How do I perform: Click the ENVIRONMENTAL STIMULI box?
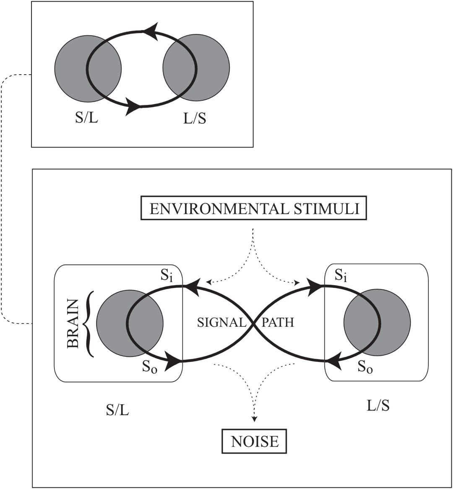click(x=254, y=209)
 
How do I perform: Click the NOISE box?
click(x=255, y=442)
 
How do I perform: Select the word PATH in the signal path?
click(x=278, y=323)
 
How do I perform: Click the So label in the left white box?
click(x=149, y=367)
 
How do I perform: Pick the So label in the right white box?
click(x=365, y=367)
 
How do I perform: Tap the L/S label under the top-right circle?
click(x=195, y=119)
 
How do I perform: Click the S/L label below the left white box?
click(x=117, y=410)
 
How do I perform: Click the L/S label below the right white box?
click(x=377, y=406)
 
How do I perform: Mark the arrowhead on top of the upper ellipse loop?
click(x=152, y=33)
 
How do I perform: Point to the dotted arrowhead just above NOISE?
click(x=254, y=418)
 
